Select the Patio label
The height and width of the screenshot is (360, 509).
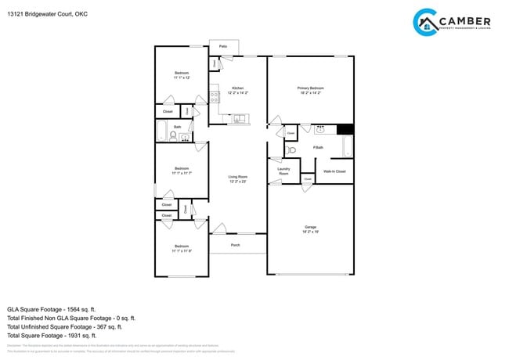point(223,47)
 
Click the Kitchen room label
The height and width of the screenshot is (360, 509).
point(237,90)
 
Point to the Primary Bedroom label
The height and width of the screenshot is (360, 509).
point(310,90)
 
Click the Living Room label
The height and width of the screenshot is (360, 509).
point(237,178)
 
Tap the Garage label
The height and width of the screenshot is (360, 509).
point(310,229)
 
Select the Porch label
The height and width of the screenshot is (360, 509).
point(235,245)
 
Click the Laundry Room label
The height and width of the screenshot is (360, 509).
point(283,171)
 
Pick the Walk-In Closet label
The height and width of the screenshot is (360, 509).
point(334,171)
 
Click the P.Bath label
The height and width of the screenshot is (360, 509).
point(318,147)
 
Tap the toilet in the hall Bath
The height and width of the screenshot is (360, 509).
point(172,137)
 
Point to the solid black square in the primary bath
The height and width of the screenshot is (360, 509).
point(345,129)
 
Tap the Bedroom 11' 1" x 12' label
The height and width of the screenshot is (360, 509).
point(181,75)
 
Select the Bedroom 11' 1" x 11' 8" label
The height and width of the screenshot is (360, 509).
point(181,248)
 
